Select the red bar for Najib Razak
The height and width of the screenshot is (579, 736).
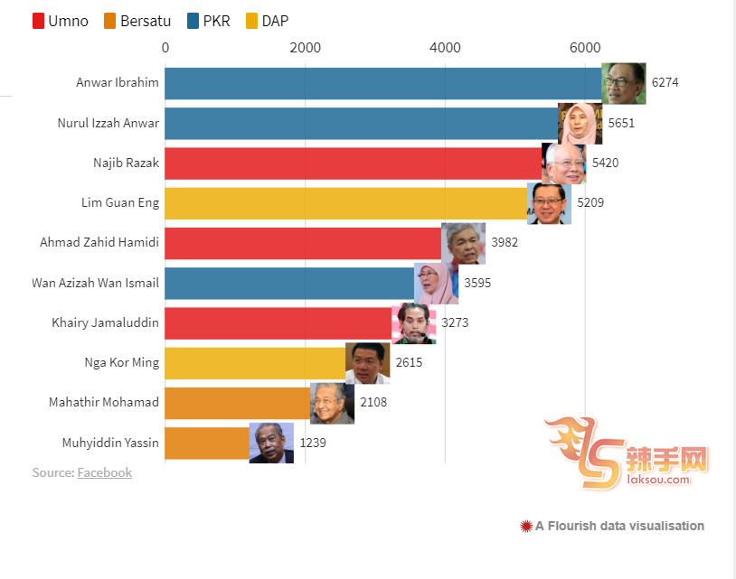pyautogui.click(x=353, y=163)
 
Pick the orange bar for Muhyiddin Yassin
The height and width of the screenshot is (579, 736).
pyautogui.click(x=207, y=443)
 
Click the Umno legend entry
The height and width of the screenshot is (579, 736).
pyautogui.click(x=61, y=21)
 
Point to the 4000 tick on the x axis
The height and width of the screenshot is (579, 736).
pyautogui.click(x=445, y=47)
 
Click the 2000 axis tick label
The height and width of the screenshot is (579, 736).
pyautogui.click(x=305, y=47)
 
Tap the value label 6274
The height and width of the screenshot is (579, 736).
pyautogui.click(x=665, y=83)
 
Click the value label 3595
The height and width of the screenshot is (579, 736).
pyautogui.click(x=477, y=283)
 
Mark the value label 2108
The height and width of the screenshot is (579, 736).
pyautogui.click(x=373, y=403)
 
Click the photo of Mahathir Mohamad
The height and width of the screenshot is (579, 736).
pyautogui.click(x=332, y=403)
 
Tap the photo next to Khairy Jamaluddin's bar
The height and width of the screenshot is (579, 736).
pyautogui.click(x=413, y=322)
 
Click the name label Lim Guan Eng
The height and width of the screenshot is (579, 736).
pyautogui.click(x=120, y=203)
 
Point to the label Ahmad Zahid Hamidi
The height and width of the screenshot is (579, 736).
pyautogui.click(x=99, y=243)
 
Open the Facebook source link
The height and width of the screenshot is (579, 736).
pyautogui.click(x=105, y=472)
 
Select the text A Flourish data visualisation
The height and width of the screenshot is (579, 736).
pyautogui.click(x=619, y=526)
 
